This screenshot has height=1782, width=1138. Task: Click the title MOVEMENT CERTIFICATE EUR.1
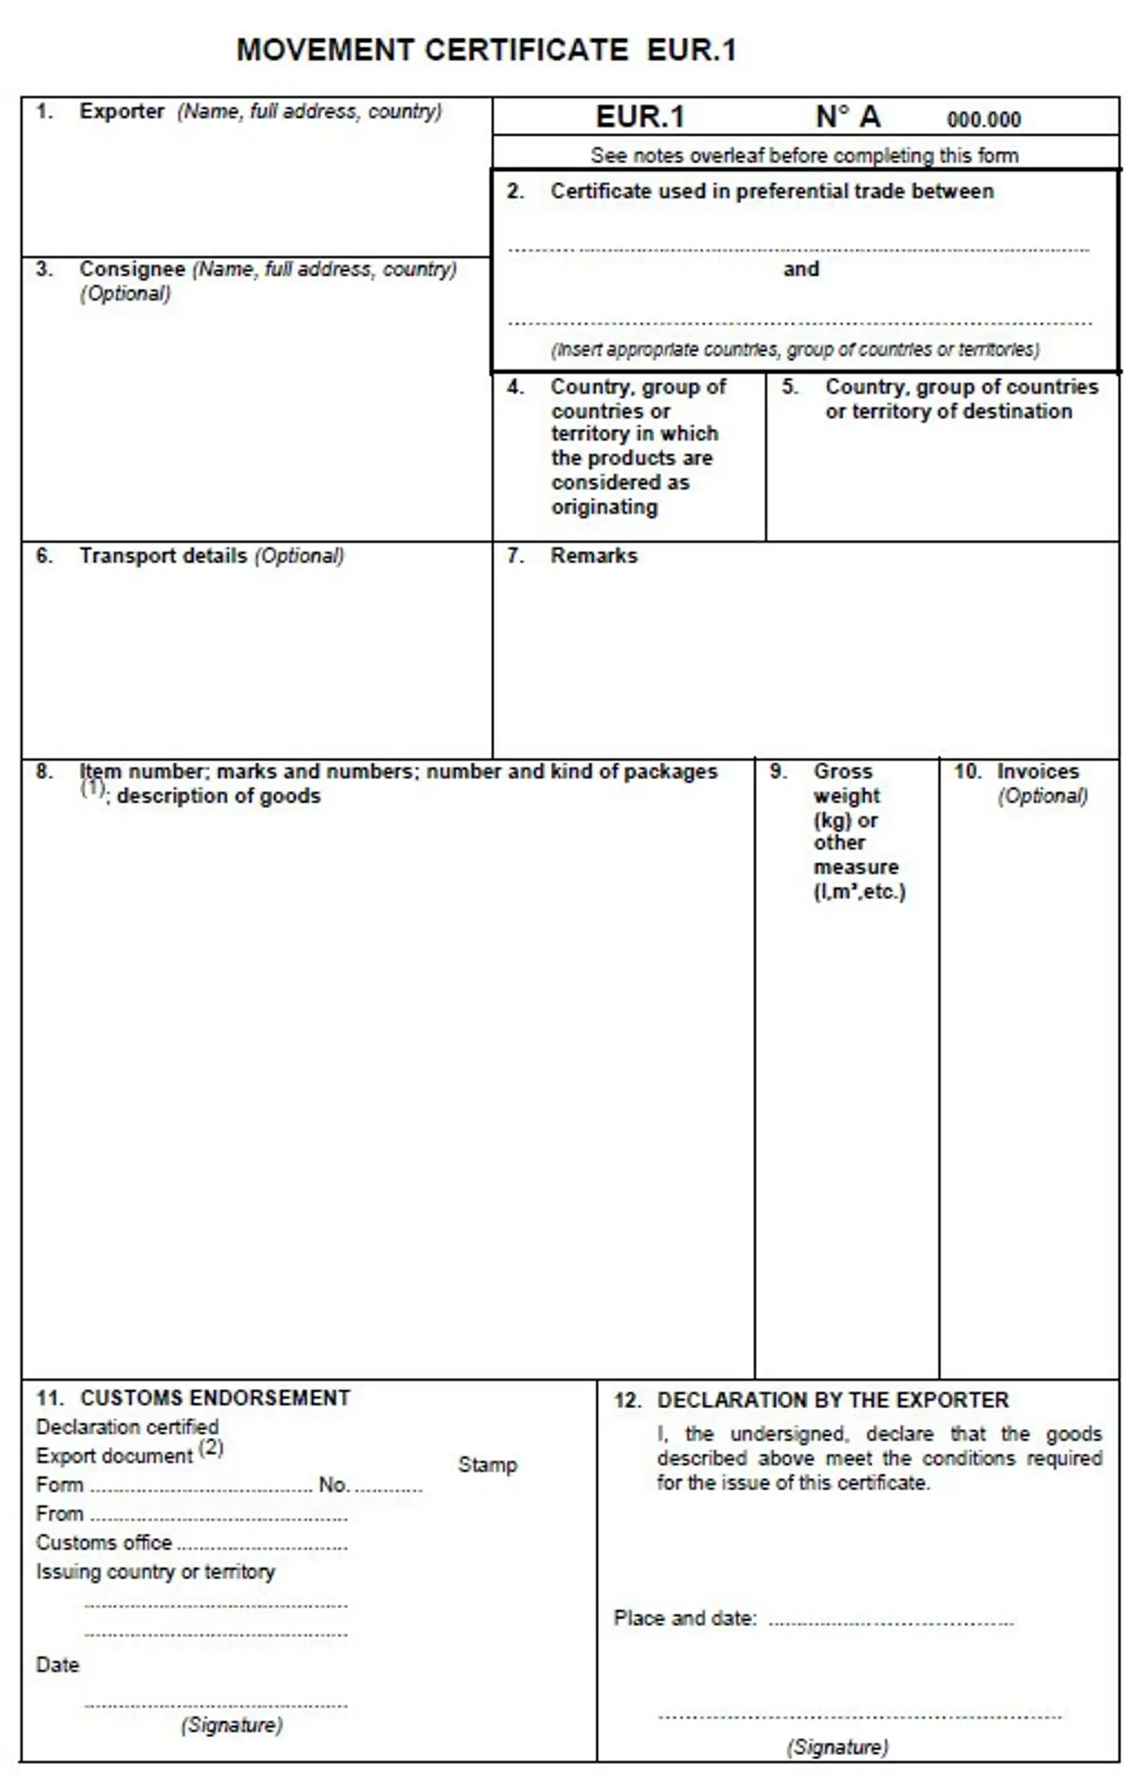[486, 50]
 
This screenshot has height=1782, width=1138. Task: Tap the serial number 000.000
[984, 120]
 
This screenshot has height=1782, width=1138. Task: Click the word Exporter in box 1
[122, 111]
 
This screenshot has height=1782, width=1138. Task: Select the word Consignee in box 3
[132, 269]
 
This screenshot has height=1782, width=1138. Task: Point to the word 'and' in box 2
[801, 269]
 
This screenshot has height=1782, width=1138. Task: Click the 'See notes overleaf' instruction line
[804, 155]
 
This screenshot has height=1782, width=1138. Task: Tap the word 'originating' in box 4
[604, 507]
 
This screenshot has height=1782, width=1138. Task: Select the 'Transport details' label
[163, 556]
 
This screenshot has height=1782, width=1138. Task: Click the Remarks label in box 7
[593, 556]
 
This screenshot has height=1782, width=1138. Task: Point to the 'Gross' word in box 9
[842, 771]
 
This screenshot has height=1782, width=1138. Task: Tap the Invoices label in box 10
[1037, 771]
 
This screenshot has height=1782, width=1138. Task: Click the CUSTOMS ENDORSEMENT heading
[215, 1398]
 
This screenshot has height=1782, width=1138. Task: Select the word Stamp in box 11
[487, 1465]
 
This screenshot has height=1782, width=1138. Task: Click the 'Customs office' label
[104, 1543]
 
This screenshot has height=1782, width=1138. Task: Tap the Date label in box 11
[58, 1665]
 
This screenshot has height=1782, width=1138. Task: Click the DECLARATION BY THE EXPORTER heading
[832, 1401]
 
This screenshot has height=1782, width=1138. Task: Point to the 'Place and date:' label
[684, 1619]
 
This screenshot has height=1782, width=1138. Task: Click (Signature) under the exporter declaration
[837, 1747]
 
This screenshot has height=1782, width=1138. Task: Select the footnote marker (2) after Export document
[211, 1447]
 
